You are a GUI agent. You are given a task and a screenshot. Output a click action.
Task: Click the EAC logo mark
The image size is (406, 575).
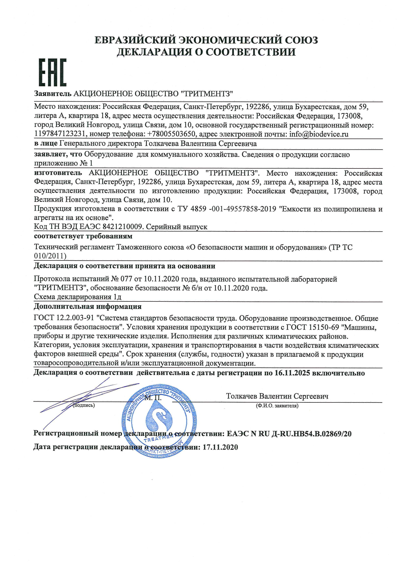[x=53, y=73]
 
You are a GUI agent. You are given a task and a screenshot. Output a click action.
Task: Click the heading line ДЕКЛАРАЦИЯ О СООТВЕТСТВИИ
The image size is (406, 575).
[x=206, y=52]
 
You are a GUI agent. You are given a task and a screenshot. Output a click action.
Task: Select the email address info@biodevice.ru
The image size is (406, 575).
[x=319, y=134]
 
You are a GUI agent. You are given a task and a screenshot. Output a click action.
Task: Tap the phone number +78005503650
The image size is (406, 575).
[x=171, y=134]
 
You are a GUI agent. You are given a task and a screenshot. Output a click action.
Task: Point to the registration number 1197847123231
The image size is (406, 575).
[x=60, y=134]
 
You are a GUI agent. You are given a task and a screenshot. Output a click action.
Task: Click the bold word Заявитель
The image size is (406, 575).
[x=53, y=94]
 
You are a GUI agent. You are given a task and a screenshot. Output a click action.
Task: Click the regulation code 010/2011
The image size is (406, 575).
[x=50, y=256]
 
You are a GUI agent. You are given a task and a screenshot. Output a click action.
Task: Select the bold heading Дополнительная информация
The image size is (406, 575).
[x=87, y=306]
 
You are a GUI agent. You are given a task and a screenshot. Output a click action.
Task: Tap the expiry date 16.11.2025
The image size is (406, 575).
[x=292, y=373]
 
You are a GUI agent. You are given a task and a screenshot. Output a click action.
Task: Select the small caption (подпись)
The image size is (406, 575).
[x=84, y=406]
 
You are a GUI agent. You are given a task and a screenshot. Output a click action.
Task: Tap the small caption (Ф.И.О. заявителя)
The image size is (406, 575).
[x=277, y=406]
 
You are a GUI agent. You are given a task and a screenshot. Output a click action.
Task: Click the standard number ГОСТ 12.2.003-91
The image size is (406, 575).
[x=64, y=318]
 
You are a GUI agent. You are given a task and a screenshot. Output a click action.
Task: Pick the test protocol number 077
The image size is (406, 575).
[x=126, y=279]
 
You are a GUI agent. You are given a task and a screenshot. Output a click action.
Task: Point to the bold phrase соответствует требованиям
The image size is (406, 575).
[x=83, y=236]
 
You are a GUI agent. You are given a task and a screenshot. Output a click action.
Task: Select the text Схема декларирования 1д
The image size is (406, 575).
[x=78, y=297]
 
